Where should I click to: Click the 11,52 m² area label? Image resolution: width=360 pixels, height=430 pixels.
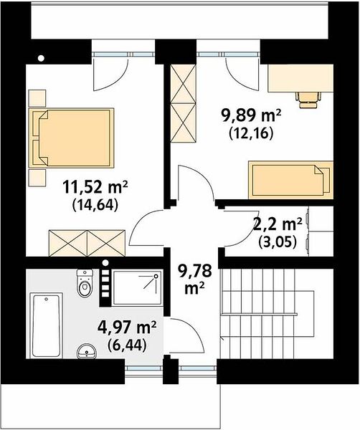95,188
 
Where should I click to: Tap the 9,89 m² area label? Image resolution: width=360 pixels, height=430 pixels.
252,115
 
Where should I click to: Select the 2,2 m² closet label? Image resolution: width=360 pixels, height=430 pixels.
277,224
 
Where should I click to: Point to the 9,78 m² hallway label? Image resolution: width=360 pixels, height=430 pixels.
194,279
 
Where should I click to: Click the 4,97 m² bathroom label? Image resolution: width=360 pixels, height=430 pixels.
127,328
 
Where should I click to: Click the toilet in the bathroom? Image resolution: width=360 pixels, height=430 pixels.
85,283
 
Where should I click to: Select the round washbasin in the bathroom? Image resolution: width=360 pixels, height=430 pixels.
87,351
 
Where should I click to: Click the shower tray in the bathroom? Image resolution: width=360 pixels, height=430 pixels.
138,287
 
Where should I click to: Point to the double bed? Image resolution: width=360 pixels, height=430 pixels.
71,138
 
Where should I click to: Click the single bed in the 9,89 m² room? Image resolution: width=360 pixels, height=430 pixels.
291,180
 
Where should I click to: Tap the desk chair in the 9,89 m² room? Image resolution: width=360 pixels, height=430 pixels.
308,100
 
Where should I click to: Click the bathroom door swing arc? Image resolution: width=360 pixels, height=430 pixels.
194,330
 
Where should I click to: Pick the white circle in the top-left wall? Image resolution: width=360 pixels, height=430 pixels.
41,58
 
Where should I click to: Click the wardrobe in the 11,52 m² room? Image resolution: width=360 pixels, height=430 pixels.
87,243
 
